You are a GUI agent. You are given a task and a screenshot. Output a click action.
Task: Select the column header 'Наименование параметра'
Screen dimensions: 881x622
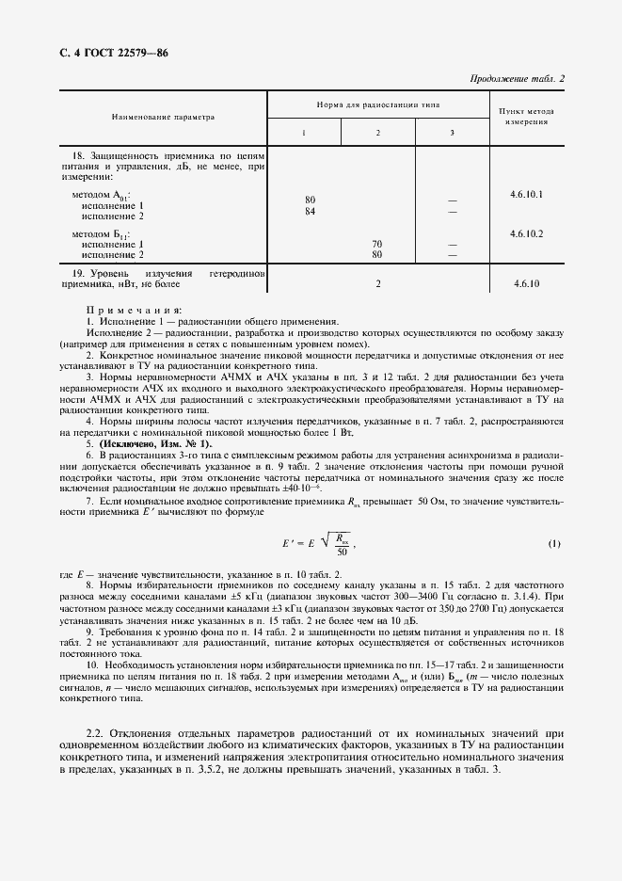pos(163,118)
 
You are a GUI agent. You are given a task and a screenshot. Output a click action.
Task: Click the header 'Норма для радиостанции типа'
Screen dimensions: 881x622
pos(377,104)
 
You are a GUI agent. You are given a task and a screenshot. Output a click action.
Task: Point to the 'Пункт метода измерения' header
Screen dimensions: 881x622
pos(527,117)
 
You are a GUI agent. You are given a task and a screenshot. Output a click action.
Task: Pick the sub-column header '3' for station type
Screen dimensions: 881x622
pos(452,133)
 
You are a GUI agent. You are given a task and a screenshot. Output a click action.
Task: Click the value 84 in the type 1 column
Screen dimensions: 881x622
pos(310,211)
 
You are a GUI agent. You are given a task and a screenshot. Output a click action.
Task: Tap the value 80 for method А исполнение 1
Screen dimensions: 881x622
pos(310,200)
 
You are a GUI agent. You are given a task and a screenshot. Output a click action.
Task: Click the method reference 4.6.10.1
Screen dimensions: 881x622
pos(527,194)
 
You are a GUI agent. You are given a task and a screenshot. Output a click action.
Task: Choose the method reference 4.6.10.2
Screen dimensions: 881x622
pos(527,232)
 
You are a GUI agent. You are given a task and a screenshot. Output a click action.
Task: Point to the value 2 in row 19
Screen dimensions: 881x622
pos(377,282)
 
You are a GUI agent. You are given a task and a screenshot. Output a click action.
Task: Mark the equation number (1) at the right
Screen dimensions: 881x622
pos(554,544)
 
